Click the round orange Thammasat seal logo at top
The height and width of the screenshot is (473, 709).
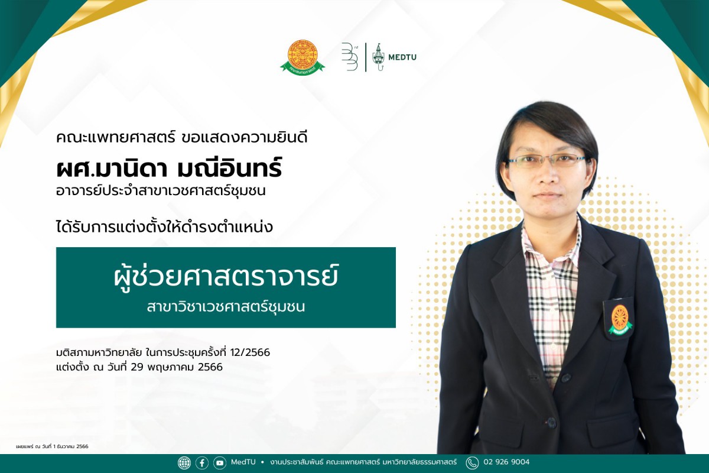click(x=303, y=57)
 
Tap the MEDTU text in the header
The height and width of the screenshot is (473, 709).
click(x=402, y=57)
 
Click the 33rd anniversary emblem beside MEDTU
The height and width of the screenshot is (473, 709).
click(x=350, y=57)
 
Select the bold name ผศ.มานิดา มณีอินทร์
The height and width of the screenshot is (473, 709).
click(x=169, y=169)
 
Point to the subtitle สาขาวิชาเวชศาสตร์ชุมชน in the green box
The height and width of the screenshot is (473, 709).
click(x=226, y=307)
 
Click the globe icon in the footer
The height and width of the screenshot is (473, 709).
click(x=184, y=463)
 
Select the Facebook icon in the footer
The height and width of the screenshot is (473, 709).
click(x=202, y=463)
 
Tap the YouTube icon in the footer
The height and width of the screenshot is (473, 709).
click(x=220, y=463)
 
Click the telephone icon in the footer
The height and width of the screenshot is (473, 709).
click(x=472, y=463)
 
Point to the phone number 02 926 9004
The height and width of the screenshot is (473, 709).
click(x=506, y=462)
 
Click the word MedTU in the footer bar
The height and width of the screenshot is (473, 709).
click(x=243, y=462)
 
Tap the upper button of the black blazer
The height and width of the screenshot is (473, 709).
click(x=565, y=377)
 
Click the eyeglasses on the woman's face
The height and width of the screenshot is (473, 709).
click(x=547, y=160)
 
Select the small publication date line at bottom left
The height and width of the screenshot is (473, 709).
click(x=52, y=446)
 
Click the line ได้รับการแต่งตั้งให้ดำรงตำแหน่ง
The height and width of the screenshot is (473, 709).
click(x=165, y=226)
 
